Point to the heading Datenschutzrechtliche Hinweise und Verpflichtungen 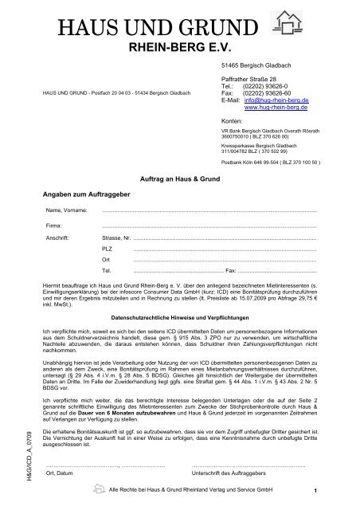(x=179, y=316)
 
